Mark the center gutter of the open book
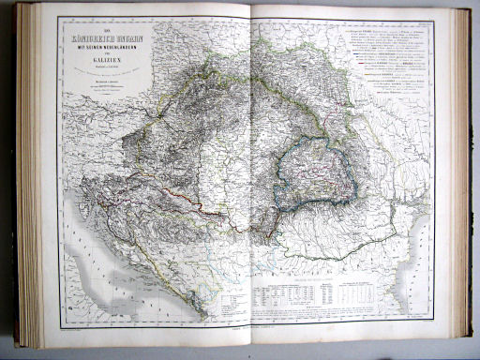(247, 178)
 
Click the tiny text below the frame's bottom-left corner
(71, 327)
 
